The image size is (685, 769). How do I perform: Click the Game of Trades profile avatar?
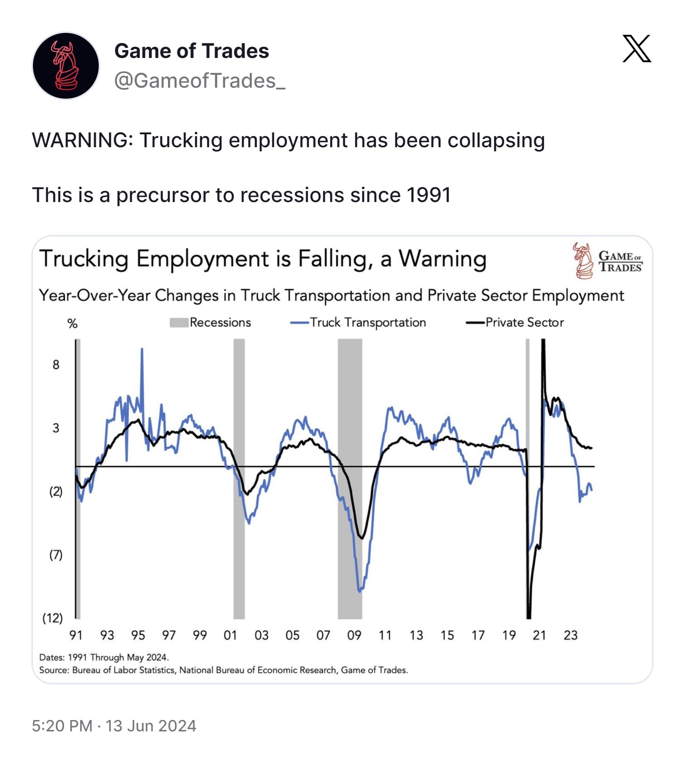[x=66, y=66]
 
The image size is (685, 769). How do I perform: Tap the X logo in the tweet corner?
[x=636, y=49]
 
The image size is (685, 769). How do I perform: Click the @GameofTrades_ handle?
[x=199, y=81]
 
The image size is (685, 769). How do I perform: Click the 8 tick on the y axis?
[x=56, y=365]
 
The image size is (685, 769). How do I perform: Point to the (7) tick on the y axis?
[x=56, y=555]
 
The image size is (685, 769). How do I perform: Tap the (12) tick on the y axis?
[x=53, y=618]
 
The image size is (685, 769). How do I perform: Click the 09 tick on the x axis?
[x=354, y=635]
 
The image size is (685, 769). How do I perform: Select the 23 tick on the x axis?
[x=570, y=635]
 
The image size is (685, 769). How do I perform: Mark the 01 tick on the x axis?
[x=230, y=635]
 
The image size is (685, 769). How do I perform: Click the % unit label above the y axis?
[x=72, y=324]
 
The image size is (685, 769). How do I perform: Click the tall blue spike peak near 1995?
[x=142, y=349]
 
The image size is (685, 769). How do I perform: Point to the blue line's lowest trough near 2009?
[x=360, y=591]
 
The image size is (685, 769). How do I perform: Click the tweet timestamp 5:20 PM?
[x=62, y=726]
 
